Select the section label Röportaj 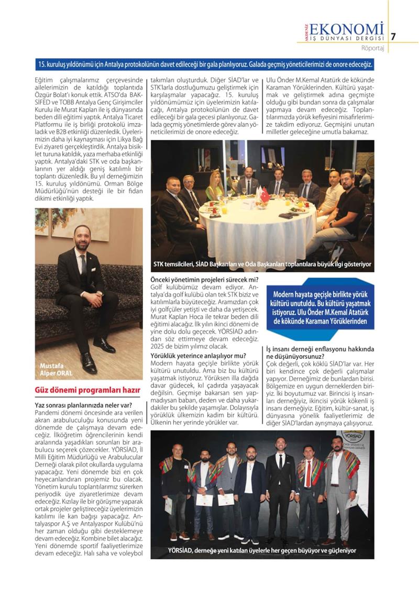pos(373,49)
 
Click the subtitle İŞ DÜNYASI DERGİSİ pos(346,38)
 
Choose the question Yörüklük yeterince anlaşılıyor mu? pos(199,356)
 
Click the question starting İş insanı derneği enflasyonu pos(319,352)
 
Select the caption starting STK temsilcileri pos(262,264)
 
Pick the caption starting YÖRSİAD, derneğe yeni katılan pos(262,551)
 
